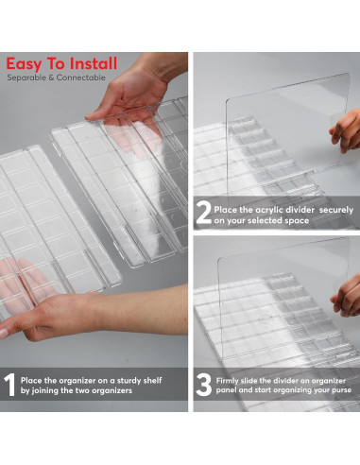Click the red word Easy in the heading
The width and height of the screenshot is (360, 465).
point(24,64)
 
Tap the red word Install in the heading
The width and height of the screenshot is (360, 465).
point(94,63)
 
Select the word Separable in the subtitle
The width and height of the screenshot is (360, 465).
point(26,77)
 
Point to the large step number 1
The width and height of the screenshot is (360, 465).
point(9,385)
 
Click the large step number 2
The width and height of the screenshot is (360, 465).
point(203,212)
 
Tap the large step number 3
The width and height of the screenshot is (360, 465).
point(203,385)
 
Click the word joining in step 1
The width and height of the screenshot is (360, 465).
point(46,391)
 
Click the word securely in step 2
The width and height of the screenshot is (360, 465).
point(336,211)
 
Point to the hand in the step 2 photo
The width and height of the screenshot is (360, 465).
point(346,130)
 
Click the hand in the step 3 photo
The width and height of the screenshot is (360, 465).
point(347,295)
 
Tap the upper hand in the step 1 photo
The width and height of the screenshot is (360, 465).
point(136,87)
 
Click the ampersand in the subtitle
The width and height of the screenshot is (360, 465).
point(51,77)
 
